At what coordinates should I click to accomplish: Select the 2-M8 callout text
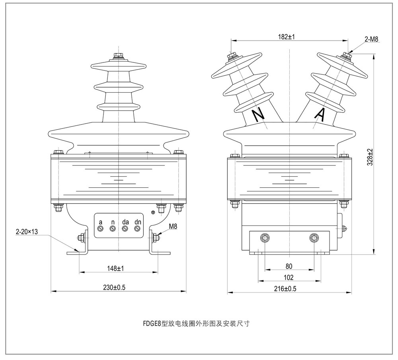tap(371, 39)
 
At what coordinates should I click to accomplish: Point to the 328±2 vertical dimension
tap(370, 157)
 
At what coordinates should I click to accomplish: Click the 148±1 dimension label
tap(115, 269)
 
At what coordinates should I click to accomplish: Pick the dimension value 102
tap(289, 277)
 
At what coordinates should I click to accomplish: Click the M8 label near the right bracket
tap(173, 226)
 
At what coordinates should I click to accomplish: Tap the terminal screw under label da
tap(125, 228)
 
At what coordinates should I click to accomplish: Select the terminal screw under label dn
tap(138, 228)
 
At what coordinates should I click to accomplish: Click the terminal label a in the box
tap(101, 221)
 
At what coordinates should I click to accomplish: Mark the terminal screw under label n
tap(113, 228)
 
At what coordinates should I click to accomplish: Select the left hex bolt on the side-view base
tap(265, 238)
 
